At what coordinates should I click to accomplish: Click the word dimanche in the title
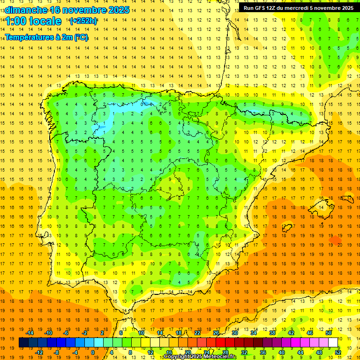26,10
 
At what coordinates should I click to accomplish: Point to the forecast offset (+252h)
83,21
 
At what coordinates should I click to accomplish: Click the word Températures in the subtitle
30,37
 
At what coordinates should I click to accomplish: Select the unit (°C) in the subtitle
80,37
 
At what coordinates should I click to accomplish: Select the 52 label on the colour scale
338,352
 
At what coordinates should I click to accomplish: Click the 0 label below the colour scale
93,352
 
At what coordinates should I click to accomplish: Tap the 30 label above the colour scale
234,333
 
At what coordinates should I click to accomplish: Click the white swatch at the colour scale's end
333,343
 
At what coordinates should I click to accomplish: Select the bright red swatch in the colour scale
220,343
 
